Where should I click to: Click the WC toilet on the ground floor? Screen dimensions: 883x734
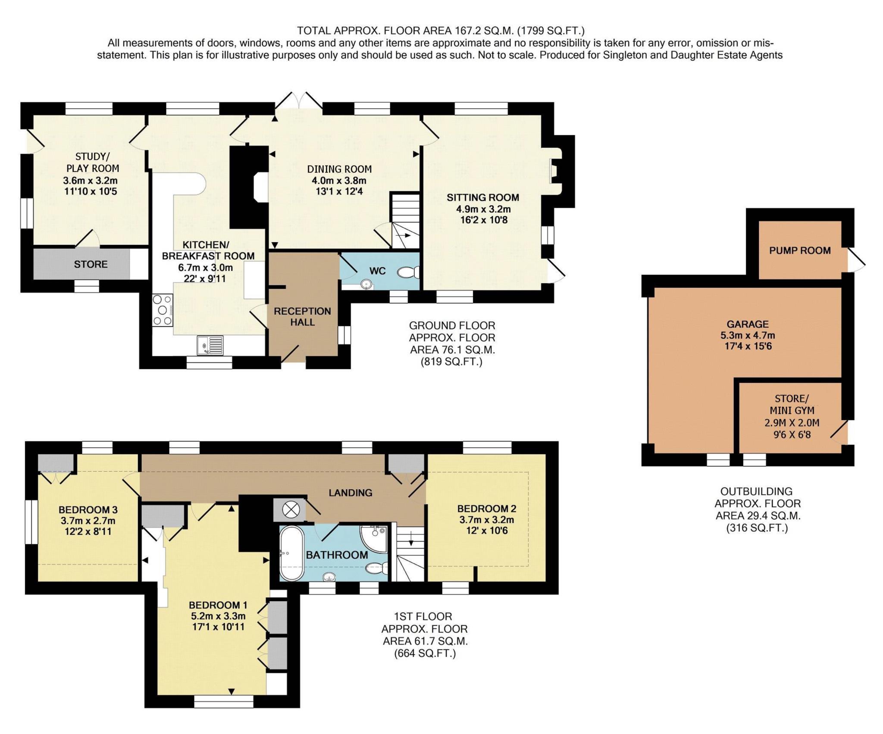click(408, 272)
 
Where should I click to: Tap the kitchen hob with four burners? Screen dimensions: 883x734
click(163, 310)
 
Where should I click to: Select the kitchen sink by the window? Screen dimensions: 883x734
click(210, 345)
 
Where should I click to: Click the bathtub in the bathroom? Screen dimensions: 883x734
click(292, 553)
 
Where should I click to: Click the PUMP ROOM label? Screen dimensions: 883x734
click(800, 250)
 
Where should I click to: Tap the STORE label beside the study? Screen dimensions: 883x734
click(91, 264)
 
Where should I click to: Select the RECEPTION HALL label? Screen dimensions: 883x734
click(302, 316)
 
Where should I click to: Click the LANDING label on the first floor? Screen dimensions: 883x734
click(350, 493)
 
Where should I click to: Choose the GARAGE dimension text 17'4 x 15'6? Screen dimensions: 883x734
click(747, 346)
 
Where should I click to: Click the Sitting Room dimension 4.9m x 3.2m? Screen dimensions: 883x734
click(483, 209)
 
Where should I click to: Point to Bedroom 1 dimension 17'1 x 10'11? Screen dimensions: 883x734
click(218, 627)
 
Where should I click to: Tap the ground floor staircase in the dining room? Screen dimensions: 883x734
click(405, 221)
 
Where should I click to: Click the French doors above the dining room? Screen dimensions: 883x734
click(299, 100)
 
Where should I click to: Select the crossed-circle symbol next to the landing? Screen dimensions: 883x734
click(291, 510)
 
